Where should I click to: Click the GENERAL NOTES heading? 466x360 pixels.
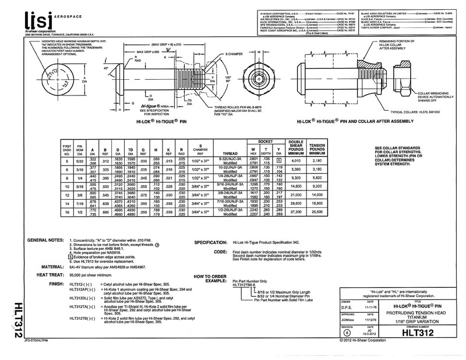click(x=45, y=240)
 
